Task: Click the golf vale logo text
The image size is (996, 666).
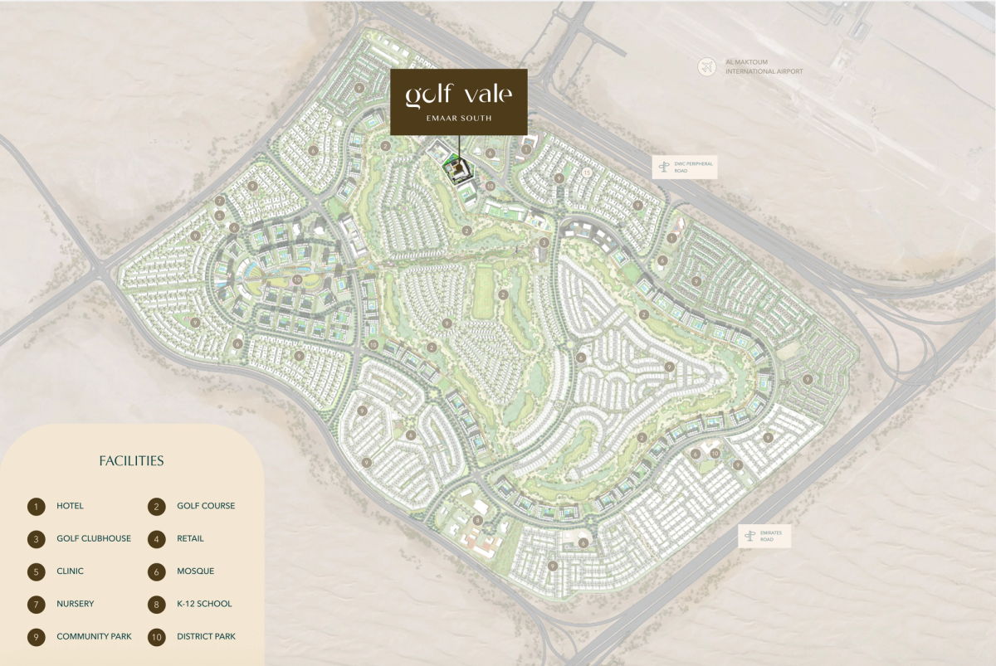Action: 458,94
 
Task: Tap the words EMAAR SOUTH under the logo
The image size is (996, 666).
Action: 458,119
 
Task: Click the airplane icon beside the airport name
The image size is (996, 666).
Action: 706,66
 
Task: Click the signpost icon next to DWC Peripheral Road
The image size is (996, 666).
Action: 662,168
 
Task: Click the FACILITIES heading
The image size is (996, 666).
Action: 131,461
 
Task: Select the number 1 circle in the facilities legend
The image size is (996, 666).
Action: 36,506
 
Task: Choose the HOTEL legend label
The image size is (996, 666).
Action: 71,506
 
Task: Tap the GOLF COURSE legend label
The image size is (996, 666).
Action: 206,506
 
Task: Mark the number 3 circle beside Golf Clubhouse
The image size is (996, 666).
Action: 36,539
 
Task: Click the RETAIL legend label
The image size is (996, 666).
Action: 190,539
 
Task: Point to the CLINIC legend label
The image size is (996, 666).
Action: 71,571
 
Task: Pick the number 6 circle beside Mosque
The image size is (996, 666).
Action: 156,571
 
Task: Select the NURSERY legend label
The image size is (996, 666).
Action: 76,605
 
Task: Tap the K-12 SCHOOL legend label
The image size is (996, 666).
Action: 204,605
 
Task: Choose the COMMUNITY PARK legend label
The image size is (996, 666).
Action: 94,637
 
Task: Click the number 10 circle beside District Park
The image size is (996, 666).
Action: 156,637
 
